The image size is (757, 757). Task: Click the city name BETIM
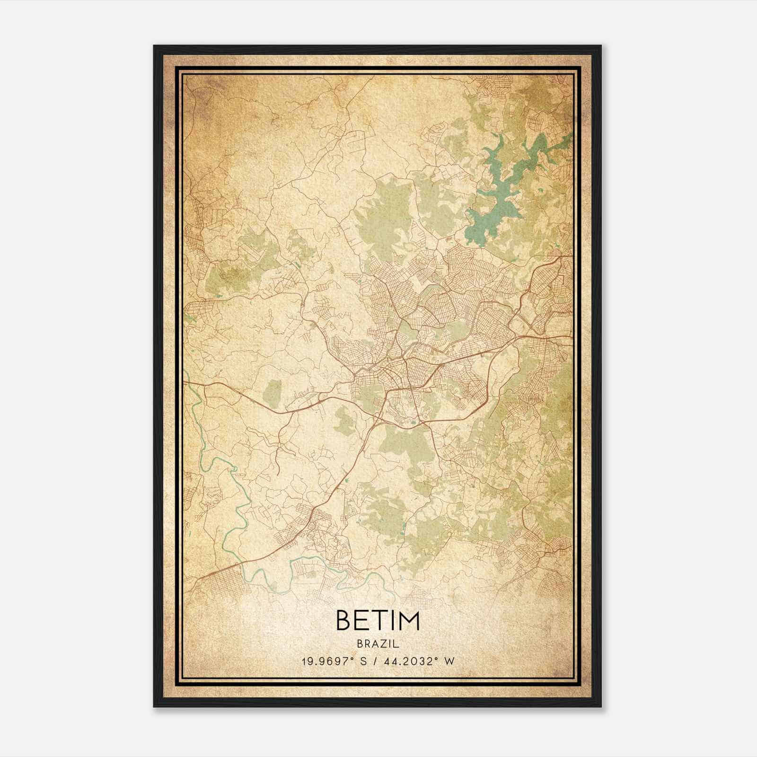tap(378, 621)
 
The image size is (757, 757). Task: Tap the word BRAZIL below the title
tap(378, 644)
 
